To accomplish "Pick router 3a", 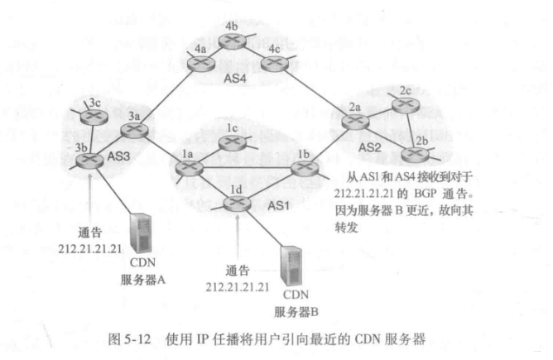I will pyautogui.click(x=134, y=130).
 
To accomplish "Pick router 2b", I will pyautogui.click(x=414, y=151).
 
